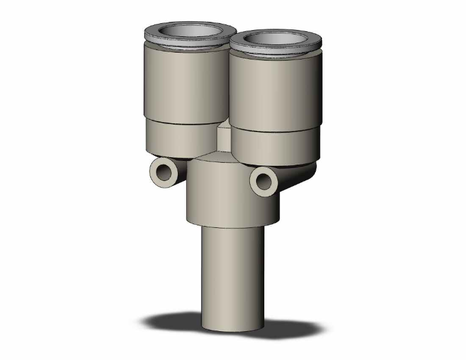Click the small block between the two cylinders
coord(224,136)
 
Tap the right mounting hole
coord(262,180)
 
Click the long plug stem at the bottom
coord(230,275)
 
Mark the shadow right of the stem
coord(288,326)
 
